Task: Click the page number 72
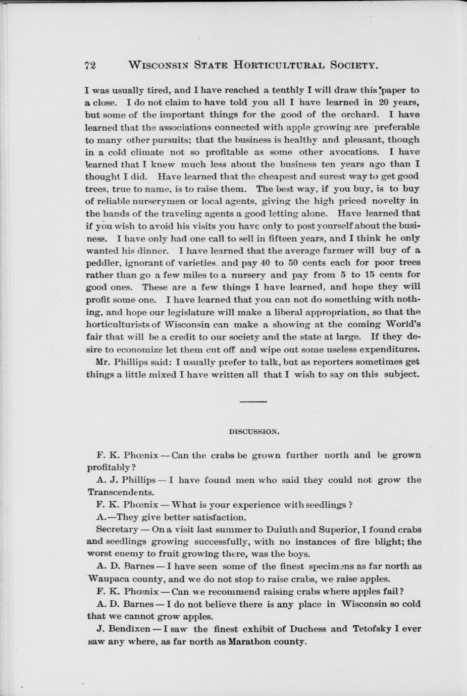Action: (90, 65)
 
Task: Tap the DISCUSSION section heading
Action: (254, 432)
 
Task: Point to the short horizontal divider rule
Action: (253, 402)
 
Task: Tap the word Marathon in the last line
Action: (251, 642)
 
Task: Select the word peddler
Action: (103, 263)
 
